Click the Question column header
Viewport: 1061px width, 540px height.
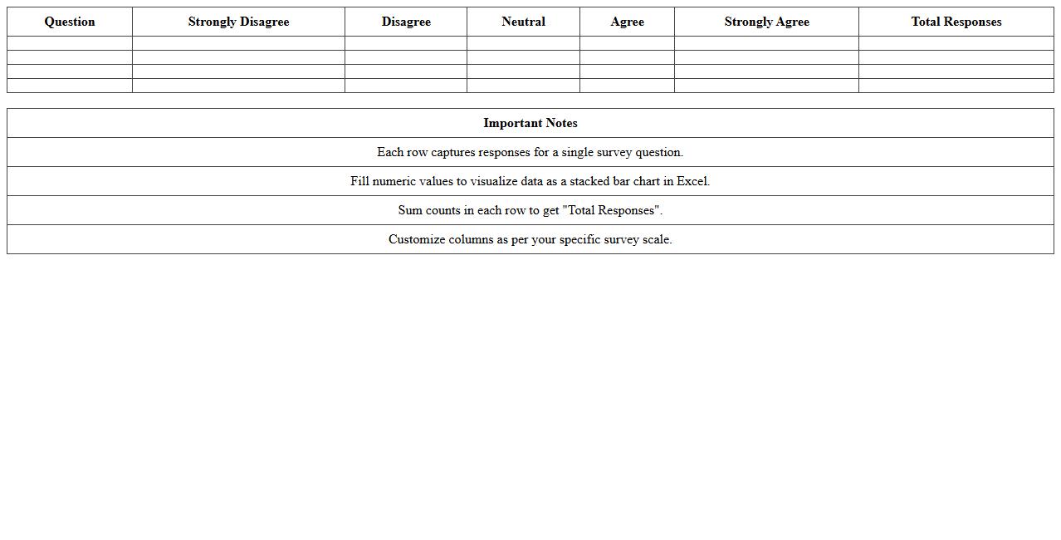(x=70, y=22)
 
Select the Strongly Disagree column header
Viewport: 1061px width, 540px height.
(x=238, y=22)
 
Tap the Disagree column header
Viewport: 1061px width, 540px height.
(x=406, y=22)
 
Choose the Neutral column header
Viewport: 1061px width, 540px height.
(x=523, y=22)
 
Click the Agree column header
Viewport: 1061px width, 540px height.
(x=627, y=22)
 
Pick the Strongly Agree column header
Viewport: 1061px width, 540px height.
(x=766, y=22)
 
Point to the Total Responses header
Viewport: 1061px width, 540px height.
(x=956, y=22)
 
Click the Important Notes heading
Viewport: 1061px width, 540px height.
(x=530, y=123)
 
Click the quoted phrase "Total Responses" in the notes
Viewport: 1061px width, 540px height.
(x=612, y=210)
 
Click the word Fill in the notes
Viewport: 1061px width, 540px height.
(x=359, y=181)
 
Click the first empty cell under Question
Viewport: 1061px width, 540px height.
(x=70, y=43)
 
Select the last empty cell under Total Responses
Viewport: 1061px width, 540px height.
(x=956, y=86)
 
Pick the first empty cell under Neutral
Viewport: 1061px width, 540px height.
(x=523, y=43)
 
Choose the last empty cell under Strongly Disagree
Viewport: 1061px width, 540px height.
(x=238, y=86)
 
